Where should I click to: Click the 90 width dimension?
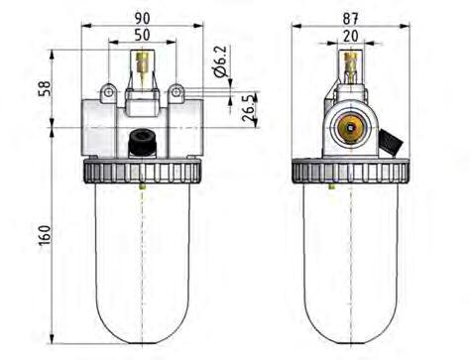tap(145, 18)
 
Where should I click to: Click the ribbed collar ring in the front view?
tap(145, 172)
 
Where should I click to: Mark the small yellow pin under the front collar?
tap(145, 184)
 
